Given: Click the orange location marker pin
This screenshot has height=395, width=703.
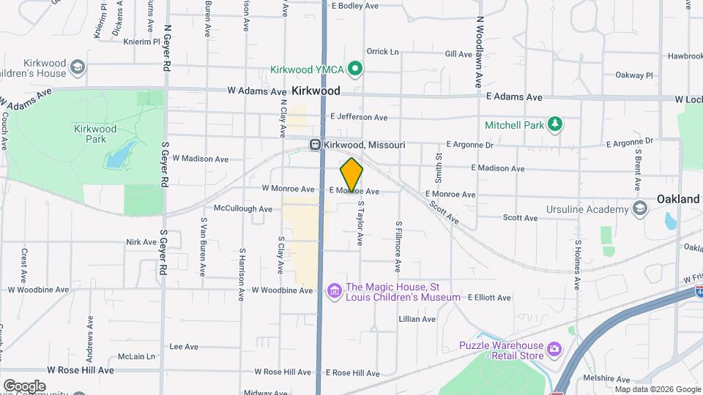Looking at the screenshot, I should [x=351, y=174].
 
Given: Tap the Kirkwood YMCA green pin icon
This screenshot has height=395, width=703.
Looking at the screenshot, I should [x=355, y=69].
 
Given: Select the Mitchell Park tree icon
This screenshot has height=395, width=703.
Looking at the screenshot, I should [x=556, y=124].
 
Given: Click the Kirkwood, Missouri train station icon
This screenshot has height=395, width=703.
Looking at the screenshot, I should [x=315, y=145].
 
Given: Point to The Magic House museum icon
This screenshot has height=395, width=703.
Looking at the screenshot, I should [x=335, y=292].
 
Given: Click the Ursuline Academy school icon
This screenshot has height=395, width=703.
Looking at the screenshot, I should [x=640, y=209].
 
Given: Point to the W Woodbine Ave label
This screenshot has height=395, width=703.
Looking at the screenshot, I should [x=283, y=290].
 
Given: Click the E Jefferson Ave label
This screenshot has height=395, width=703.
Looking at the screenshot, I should [x=359, y=117].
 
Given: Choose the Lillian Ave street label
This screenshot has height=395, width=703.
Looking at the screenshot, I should [x=417, y=319].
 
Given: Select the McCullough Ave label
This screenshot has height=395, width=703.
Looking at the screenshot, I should [x=243, y=208].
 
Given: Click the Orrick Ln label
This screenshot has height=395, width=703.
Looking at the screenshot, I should [x=382, y=52].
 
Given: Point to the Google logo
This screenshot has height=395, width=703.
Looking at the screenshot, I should [x=24, y=385].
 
